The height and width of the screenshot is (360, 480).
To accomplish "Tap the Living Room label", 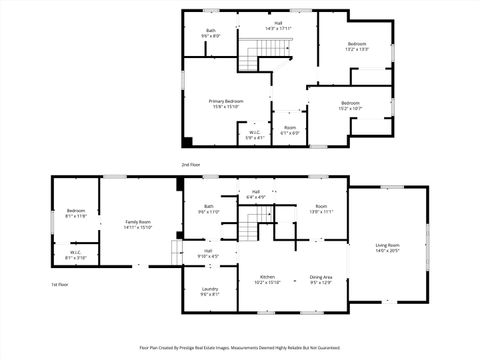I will tap(387, 247).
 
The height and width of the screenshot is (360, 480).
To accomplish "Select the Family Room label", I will tap(138, 224).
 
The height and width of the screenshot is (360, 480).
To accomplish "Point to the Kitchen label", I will tap(268, 279).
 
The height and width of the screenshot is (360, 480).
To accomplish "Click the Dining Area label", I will tap(321, 279).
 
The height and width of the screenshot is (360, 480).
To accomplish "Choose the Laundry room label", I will tap(210, 291).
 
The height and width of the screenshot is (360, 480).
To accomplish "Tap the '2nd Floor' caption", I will tap(190, 164).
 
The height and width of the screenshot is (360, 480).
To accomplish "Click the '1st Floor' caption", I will tap(60, 285).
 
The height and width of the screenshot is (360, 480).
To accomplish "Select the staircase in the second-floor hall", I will tap(258, 50).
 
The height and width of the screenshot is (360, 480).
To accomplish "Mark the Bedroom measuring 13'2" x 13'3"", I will tap(357, 46).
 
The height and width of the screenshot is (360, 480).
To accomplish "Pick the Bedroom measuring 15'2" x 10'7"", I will tap(349, 105).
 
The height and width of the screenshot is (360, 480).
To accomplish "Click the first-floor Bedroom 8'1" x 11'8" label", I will tap(76, 213).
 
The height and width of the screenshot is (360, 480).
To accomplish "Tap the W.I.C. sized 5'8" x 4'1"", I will tap(254, 134).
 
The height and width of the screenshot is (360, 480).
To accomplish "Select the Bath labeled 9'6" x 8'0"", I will tap(211, 33).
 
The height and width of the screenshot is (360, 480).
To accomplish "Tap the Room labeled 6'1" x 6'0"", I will tap(290, 130).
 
